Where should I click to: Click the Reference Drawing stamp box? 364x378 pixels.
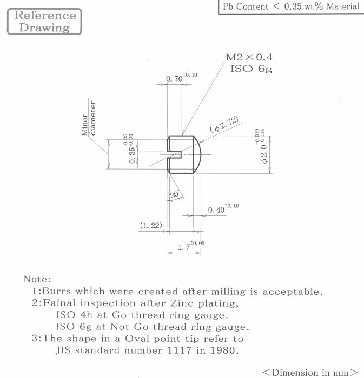coord(44,22)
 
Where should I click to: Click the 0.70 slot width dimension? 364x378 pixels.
coord(175,79)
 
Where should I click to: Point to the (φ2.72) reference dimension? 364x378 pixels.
coord(223,125)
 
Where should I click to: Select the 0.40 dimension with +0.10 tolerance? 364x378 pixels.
coord(217,210)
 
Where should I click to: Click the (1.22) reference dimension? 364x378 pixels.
coord(151,225)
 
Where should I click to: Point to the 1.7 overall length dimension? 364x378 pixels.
coord(185,247)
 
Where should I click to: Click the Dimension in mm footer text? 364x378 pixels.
coord(310,372)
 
